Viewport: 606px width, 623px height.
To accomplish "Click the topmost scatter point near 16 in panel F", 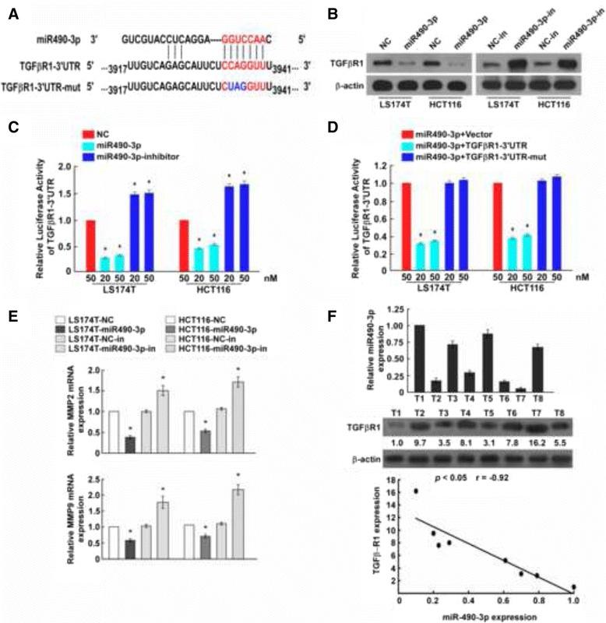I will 416,491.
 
